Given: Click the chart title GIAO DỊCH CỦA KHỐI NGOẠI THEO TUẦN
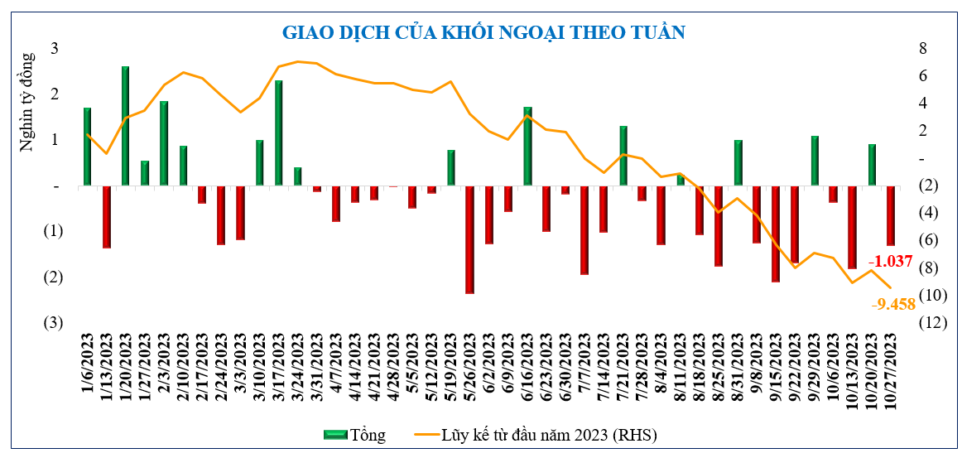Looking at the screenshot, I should tap(484, 32).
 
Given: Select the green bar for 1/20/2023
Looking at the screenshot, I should tap(125, 126).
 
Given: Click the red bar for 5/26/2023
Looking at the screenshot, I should tap(469, 239).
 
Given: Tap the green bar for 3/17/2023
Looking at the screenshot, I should tap(279, 133).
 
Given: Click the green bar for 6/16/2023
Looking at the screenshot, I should tap(527, 146).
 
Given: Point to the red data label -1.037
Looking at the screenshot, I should tap(890, 261).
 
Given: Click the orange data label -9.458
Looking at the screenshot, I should tap(893, 304).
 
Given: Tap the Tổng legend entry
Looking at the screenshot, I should tap(354, 434).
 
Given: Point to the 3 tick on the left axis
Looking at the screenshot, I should tap(55, 48).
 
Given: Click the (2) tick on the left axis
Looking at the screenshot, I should tap(53, 277).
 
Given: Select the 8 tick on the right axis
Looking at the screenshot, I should tap(921, 48).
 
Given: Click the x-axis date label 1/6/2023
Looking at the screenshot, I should tap(88, 364).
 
